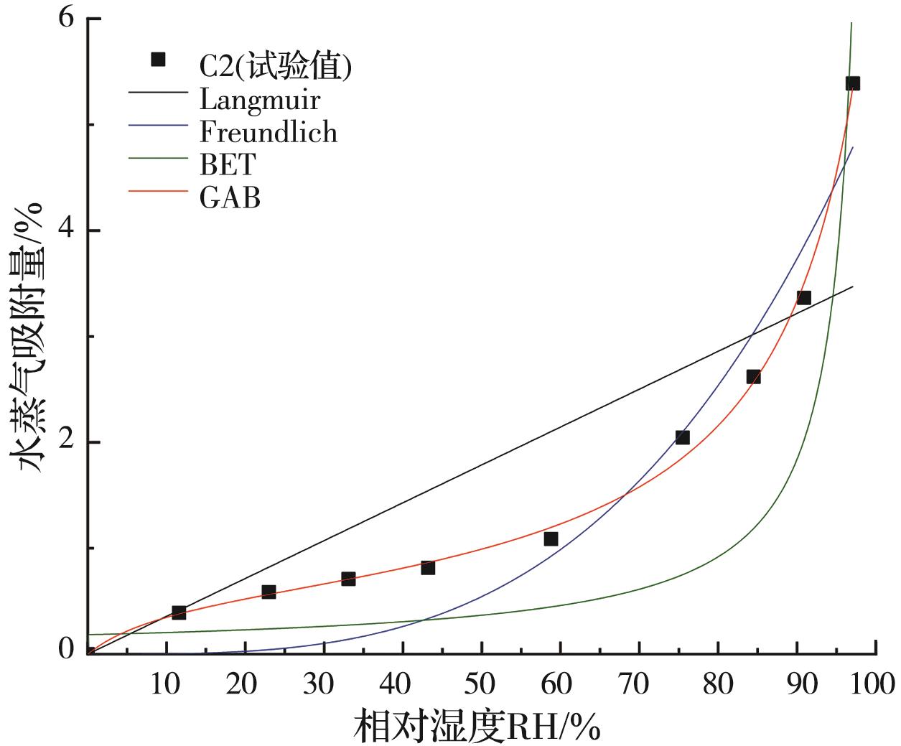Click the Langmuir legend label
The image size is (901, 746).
pyautogui.click(x=259, y=99)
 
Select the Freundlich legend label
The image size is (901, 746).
pyautogui.click(x=268, y=132)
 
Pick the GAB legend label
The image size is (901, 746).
pyautogui.click(x=230, y=197)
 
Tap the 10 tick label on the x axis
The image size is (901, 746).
pyautogui.click(x=167, y=684)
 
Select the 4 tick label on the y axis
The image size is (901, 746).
pyautogui.click(x=67, y=230)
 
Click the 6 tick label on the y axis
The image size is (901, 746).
pyautogui.click(x=67, y=19)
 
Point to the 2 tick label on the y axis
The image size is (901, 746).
pyautogui.click(x=67, y=442)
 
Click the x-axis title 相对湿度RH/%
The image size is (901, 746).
pyautogui.click(x=476, y=726)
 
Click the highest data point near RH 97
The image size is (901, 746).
pyautogui.click(x=852, y=83)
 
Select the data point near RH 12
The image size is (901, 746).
pyautogui.click(x=179, y=612)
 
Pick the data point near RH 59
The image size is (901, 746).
pyautogui.click(x=551, y=538)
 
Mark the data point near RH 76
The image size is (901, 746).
pyautogui.click(x=682, y=437)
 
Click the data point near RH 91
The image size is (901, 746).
pyautogui.click(x=804, y=297)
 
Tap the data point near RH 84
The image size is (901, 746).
pyautogui.click(x=753, y=376)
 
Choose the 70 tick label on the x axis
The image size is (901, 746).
pyautogui.click(x=639, y=684)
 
